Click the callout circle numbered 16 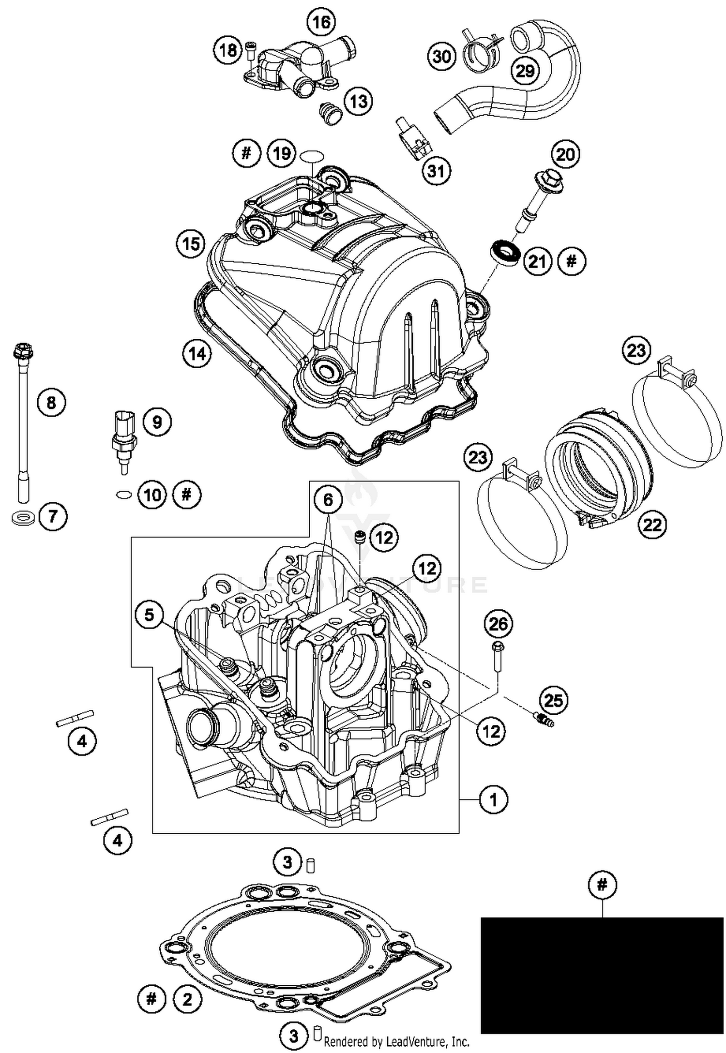(x=321, y=22)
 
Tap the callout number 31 (x=436, y=171)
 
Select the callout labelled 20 (x=565, y=154)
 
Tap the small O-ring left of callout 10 (x=124, y=495)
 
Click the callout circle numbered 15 (x=191, y=243)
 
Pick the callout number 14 (x=197, y=354)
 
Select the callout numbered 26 (x=499, y=624)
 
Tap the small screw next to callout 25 (x=544, y=720)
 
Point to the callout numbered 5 (x=150, y=615)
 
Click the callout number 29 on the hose (x=525, y=71)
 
